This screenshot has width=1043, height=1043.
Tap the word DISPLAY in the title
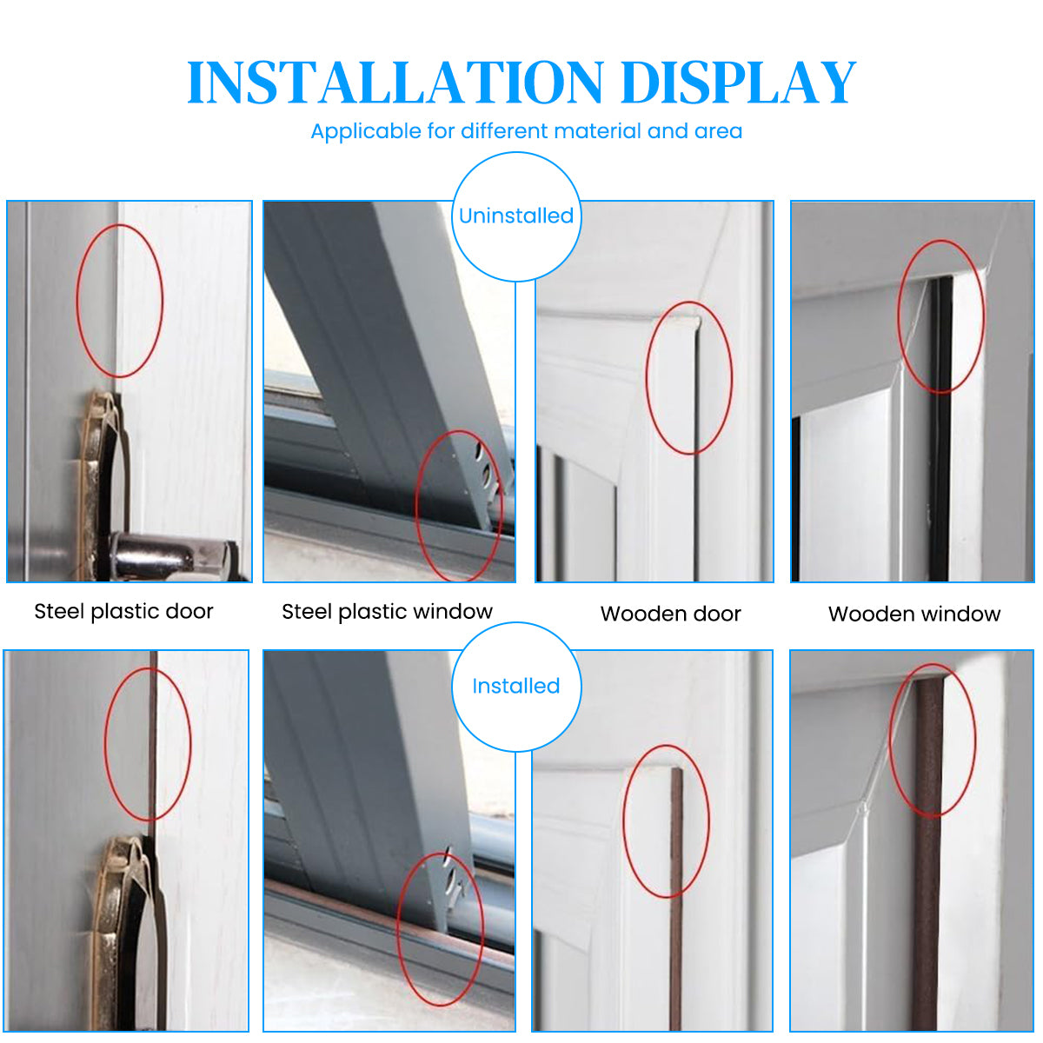point(739,82)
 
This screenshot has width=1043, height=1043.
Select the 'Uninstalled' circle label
point(516,216)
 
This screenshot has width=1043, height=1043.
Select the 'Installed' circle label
point(516,687)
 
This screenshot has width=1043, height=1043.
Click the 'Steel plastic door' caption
point(124,612)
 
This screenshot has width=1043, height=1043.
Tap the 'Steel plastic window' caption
point(388,612)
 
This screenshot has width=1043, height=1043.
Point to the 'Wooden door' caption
point(671,614)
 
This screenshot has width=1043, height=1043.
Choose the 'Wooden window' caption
point(914,614)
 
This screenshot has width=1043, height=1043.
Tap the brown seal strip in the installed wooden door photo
point(676,900)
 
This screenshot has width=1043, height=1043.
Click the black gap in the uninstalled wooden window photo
point(942,428)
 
